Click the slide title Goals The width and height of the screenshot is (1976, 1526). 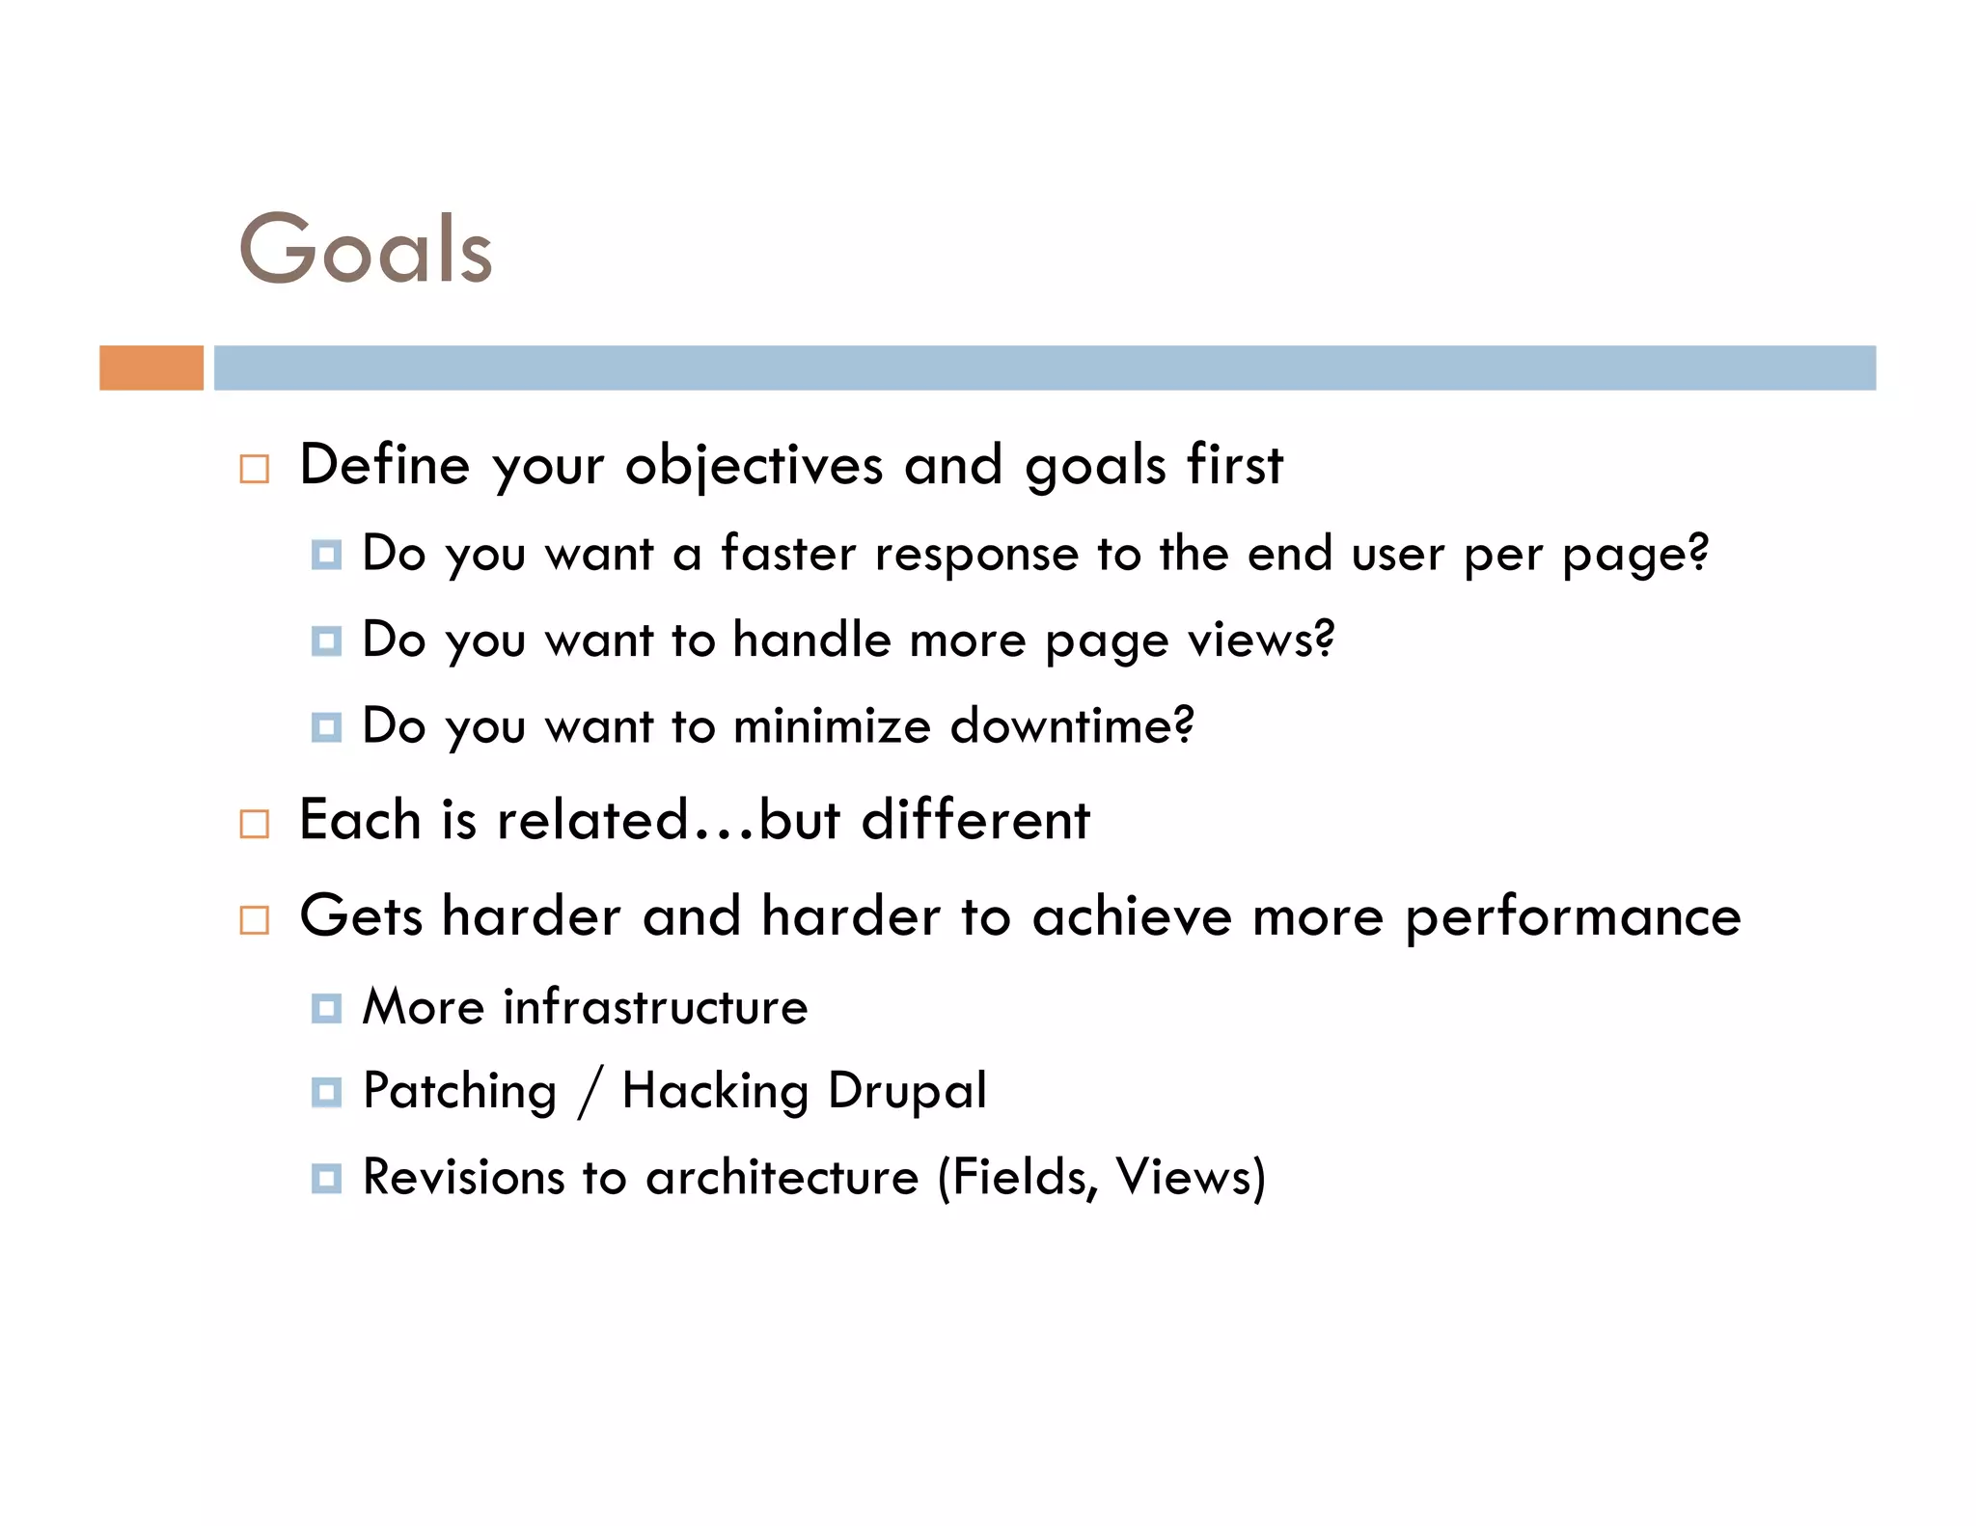[366, 249]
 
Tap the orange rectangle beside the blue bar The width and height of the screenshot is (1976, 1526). [151, 368]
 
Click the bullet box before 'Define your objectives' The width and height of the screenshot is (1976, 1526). [254, 469]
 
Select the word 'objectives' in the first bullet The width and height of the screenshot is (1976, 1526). [754, 466]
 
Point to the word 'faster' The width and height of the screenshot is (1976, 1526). [788, 554]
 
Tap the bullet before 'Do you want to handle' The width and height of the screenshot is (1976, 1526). [326, 641]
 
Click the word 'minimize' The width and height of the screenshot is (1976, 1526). [833, 725]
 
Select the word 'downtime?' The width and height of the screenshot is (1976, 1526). [1072, 725]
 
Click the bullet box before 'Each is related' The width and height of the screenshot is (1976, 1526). [254, 824]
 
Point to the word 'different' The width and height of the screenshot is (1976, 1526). [974, 820]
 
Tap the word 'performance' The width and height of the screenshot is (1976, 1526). [1573, 917]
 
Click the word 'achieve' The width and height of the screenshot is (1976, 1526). [1132, 915]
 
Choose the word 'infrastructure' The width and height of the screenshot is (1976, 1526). [655, 1007]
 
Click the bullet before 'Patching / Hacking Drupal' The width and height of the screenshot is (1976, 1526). [326, 1093]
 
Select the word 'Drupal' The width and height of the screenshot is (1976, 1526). [907, 1092]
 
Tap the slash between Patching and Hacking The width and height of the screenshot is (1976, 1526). [590, 1092]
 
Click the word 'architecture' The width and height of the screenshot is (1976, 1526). [782, 1178]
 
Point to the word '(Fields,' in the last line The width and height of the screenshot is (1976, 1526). [1018, 1178]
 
